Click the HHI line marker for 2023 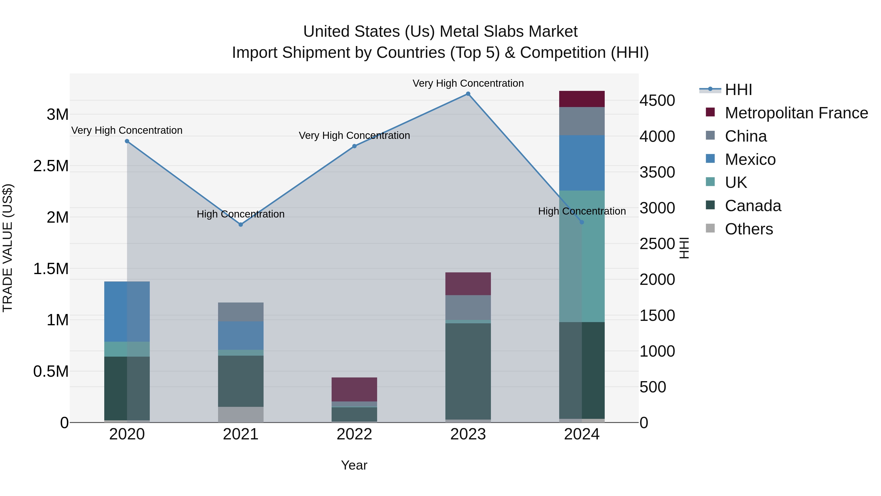coord(468,94)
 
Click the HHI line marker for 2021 coord(240,225)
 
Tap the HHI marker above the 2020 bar coord(127,141)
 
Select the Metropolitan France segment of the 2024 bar coord(581,99)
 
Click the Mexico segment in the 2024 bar coord(581,163)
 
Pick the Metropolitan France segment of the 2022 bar coord(354,389)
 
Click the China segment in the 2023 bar coord(468,307)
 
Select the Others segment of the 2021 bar coord(240,414)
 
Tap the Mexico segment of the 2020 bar coord(127,312)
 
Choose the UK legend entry coord(736,182)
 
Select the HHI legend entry coord(738,90)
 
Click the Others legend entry coord(749,229)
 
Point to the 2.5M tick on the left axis coord(51,166)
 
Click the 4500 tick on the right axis coord(657,101)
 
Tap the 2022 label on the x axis coord(354,434)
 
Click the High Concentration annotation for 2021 coord(240,214)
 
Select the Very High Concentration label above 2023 coord(468,84)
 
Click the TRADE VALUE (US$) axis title coord(8,248)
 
